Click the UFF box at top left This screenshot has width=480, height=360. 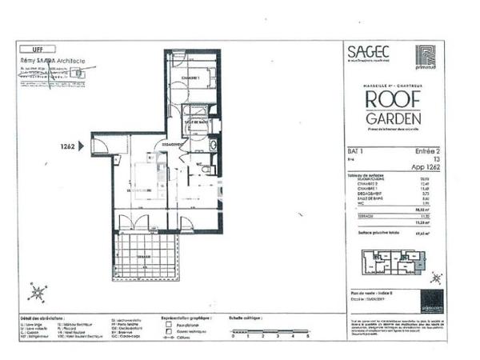pos(38,50)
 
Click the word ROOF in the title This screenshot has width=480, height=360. pos(390,99)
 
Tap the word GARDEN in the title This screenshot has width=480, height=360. pos(390,117)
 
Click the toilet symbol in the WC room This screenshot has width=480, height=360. pos(206,170)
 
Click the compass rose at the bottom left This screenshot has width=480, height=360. pos(36,292)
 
